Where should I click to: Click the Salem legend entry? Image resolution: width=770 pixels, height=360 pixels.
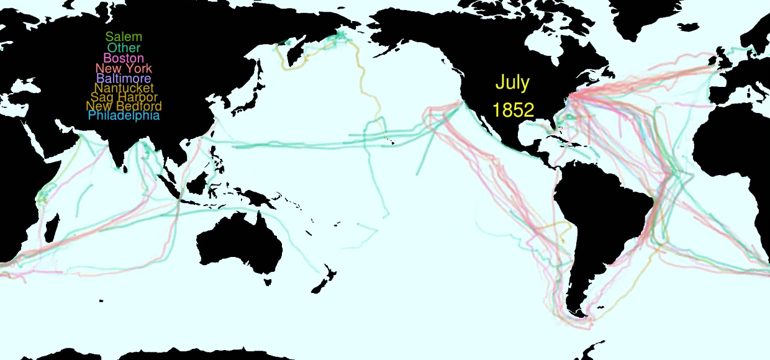124,37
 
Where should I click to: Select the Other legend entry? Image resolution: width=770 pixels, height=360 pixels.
124,48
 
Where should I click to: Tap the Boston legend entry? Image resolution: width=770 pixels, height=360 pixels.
124,58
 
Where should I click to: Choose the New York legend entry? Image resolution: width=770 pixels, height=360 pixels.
124,68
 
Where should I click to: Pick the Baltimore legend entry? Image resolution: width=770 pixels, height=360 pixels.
124,79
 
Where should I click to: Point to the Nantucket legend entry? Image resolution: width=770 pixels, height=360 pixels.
124,88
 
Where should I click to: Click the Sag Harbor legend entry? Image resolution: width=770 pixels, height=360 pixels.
124,97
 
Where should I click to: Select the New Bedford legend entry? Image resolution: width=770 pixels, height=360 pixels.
124,106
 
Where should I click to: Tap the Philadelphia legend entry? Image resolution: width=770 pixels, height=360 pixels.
124,115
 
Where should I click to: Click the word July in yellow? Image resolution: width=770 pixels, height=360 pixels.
512,83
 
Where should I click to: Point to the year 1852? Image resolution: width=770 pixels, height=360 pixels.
513,110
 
